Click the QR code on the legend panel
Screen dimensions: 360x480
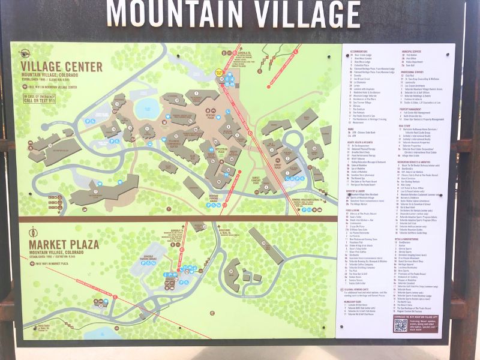coord(400,325)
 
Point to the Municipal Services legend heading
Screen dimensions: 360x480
coord(413,52)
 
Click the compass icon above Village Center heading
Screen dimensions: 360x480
coord(25,53)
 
